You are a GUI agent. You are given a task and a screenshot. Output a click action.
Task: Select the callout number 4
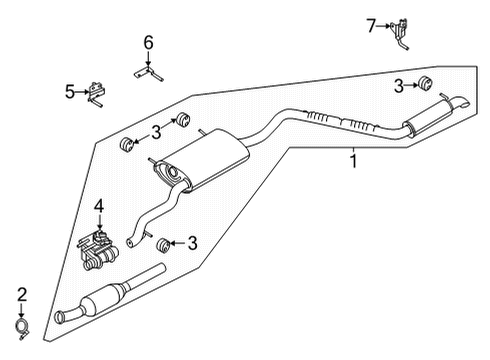click(x=99, y=207)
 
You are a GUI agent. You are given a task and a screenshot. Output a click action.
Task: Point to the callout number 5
click(x=70, y=91)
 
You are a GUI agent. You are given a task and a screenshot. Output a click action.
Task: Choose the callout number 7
click(x=371, y=26)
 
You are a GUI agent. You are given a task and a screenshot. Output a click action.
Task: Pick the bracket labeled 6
click(x=148, y=71)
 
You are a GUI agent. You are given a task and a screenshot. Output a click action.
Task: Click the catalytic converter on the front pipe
click(x=116, y=298)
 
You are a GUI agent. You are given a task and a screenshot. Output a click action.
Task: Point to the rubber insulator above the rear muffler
click(x=425, y=81)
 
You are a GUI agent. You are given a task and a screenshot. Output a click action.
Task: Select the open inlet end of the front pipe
click(x=64, y=318)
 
